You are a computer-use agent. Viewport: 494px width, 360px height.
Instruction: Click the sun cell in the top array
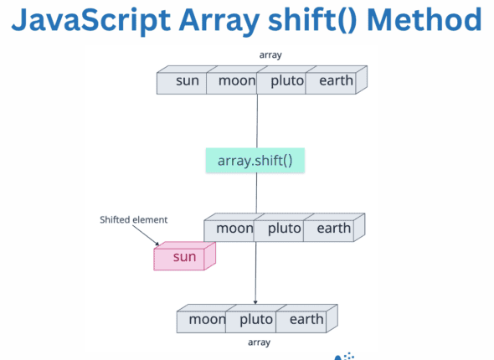coord(187,82)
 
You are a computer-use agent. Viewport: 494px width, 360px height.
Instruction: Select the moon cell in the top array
coord(235,82)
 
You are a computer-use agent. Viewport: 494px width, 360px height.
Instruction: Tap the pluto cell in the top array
coord(282,82)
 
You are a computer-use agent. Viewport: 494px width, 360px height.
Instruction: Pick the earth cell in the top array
coord(330,82)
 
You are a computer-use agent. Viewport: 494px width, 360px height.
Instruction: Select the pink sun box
coord(183,257)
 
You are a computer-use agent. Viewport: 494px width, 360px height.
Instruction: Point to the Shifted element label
coord(133,220)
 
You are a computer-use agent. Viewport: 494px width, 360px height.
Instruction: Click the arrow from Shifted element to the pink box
coord(152,238)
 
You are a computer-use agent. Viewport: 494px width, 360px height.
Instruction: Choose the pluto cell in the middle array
coord(279,229)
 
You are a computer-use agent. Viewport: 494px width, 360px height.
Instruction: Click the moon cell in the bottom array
coord(206,319)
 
